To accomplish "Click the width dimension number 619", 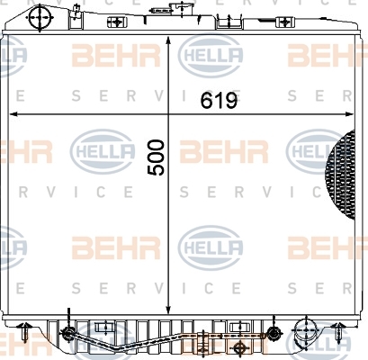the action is click(x=219, y=100).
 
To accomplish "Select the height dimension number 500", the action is click(x=157, y=157).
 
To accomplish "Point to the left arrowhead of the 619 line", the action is click(x=14, y=114).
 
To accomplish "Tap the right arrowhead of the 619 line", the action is click(x=349, y=114).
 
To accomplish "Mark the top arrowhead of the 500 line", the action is click(x=168, y=41).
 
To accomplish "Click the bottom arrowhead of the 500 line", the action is click(x=168, y=310).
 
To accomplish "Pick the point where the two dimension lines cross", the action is click(x=168, y=114).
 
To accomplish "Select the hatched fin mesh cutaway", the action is click(x=341, y=175).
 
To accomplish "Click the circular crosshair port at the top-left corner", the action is click(x=40, y=17).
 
